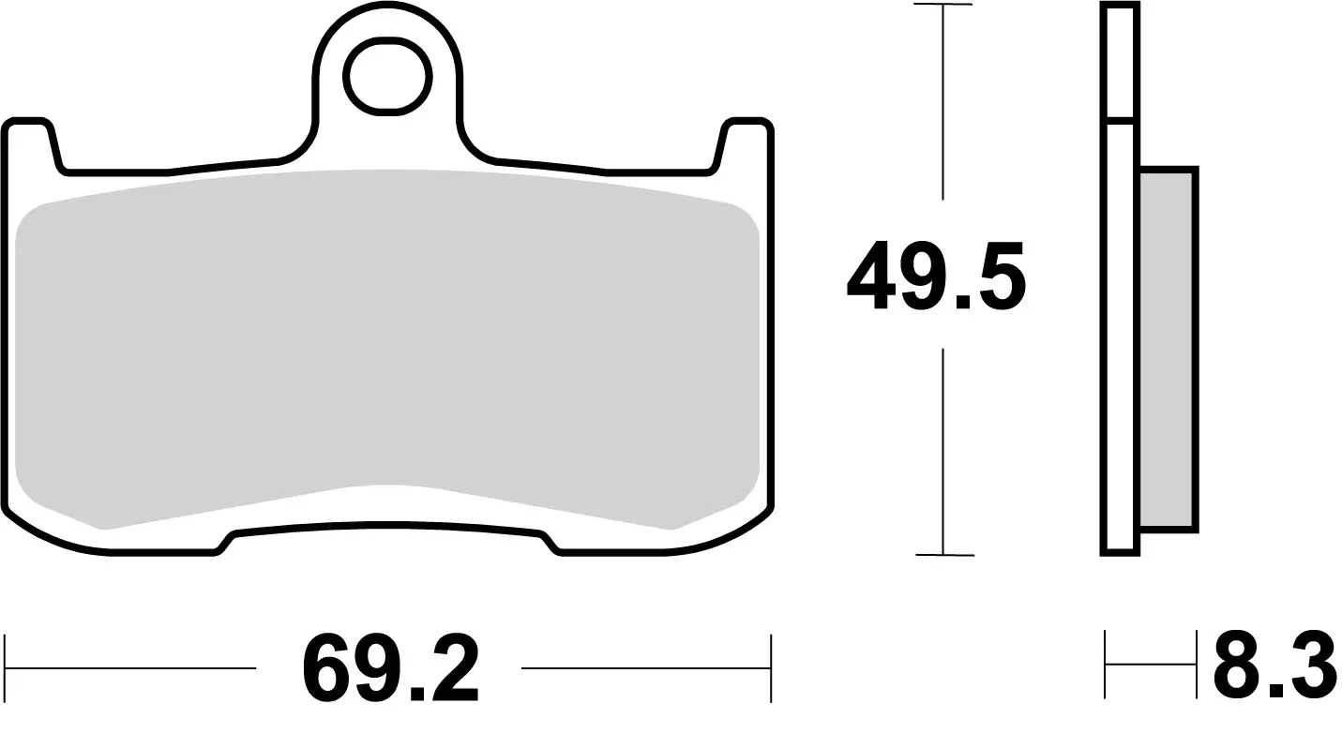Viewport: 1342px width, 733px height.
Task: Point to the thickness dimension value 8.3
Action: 1274,667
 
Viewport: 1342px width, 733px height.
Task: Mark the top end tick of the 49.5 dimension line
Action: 942,6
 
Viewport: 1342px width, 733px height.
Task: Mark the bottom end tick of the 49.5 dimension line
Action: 942,555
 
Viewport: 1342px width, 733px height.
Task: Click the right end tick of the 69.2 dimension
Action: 770,668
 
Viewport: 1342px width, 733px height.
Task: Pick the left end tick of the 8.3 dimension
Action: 1107,666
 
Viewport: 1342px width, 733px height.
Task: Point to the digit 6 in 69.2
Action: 324,670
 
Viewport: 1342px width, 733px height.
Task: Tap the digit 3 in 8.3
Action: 1309,667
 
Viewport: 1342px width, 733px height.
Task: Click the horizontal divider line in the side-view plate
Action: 1121,120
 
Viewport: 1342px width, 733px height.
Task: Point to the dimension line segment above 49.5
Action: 942,103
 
